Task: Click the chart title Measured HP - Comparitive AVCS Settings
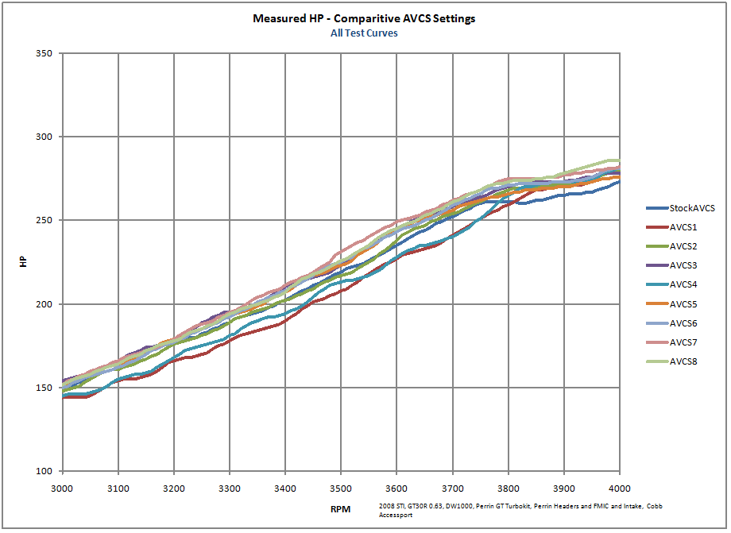coord(364,18)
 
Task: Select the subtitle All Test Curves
coord(364,33)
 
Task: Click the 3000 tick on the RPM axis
coord(63,485)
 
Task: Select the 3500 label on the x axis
coord(341,485)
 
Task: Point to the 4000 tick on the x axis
coord(619,485)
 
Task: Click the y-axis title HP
coord(24,262)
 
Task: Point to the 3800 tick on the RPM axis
coord(508,485)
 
